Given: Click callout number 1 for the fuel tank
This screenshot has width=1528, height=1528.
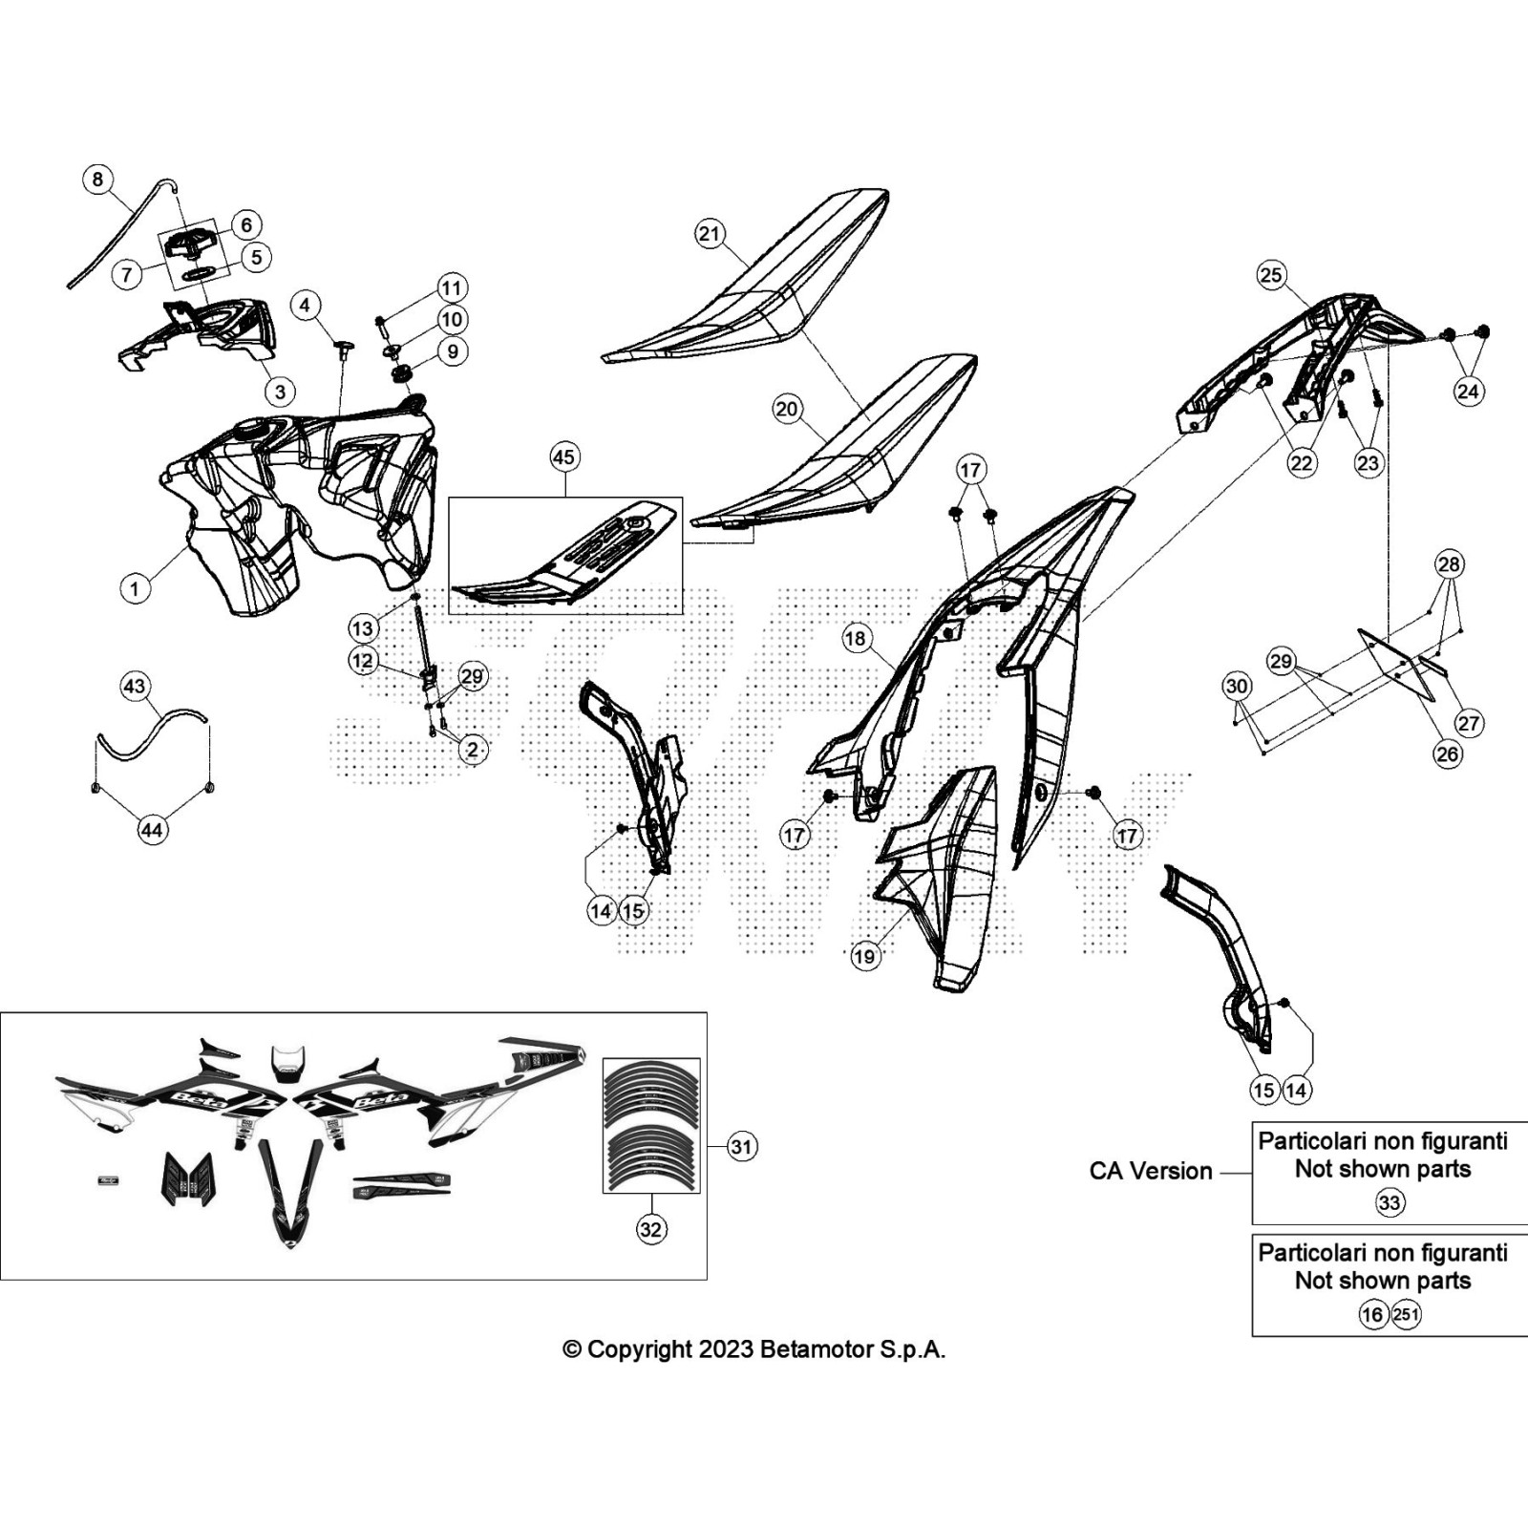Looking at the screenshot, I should click(x=135, y=587).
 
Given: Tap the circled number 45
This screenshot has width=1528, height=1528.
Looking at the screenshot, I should click(x=564, y=457).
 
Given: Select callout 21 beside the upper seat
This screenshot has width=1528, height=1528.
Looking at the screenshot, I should click(x=710, y=234).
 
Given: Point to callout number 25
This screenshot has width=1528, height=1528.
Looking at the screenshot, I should click(x=1271, y=276).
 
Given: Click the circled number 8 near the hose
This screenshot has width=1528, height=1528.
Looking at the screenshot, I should click(x=97, y=180).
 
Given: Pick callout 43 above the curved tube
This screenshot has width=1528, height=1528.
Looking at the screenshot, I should click(x=135, y=686).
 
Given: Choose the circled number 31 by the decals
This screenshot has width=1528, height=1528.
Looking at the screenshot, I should click(x=741, y=1146).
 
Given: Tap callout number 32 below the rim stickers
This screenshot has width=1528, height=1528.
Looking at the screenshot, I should click(x=650, y=1229).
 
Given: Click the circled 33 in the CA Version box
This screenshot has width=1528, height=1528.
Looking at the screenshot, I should click(x=1390, y=1203).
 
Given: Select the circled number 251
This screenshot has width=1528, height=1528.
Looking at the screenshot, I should click(x=1406, y=1315).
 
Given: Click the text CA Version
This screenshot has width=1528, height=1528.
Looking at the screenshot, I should click(x=1151, y=1171).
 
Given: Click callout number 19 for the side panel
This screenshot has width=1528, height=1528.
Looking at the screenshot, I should click(x=864, y=956).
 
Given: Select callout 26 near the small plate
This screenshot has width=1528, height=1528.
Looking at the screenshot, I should click(x=1448, y=753).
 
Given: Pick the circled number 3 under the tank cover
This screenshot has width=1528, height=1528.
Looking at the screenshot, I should click(x=280, y=392).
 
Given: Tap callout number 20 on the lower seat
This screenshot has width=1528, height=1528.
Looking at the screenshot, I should click(x=787, y=410).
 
